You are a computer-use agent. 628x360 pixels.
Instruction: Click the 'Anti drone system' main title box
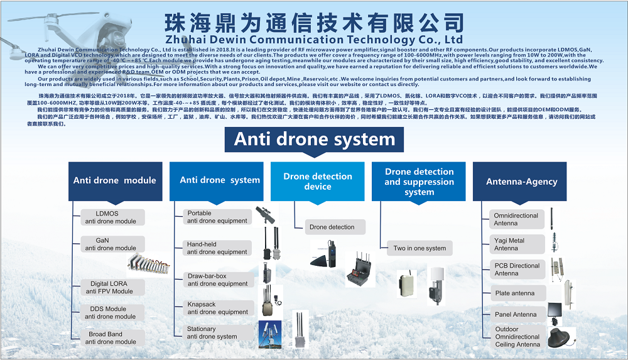tap(314, 139)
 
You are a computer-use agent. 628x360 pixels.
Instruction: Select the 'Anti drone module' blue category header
tap(114, 180)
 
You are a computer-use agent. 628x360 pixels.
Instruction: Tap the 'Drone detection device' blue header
tap(317, 181)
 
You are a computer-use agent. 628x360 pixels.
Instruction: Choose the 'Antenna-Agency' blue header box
tap(521, 182)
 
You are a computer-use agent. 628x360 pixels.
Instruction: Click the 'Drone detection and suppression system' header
tap(419, 182)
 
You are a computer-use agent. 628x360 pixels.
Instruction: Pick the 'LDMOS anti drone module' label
tap(111, 217)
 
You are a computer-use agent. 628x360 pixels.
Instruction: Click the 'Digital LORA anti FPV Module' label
tap(111, 288)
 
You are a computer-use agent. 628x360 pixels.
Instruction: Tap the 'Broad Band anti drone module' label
tap(111, 338)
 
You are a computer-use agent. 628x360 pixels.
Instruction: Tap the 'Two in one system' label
tap(420, 248)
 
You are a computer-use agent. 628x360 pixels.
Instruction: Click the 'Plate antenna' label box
tap(517, 293)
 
